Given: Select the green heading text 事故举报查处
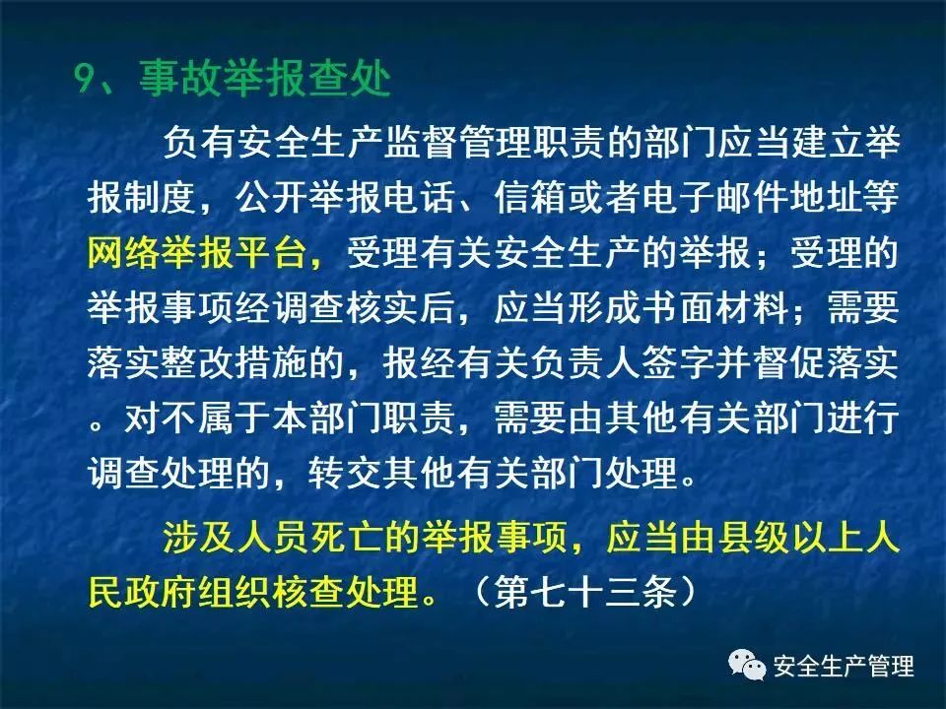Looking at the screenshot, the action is (x=265, y=79).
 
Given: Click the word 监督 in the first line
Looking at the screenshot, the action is (x=421, y=143).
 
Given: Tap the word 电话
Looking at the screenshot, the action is (x=420, y=197).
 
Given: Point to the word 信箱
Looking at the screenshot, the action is (x=530, y=197).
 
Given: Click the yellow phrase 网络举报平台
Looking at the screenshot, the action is (x=197, y=252).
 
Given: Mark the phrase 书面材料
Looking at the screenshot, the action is (x=715, y=307).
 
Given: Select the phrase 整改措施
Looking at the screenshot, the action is (x=236, y=362).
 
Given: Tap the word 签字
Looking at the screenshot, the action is (x=679, y=362).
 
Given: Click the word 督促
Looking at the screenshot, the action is (x=789, y=362).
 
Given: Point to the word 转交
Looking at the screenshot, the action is (x=346, y=472).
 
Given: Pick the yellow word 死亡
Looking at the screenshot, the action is (x=347, y=537).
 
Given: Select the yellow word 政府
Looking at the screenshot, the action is (x=161, y=592).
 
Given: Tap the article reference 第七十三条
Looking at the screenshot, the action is (x=585, y=592).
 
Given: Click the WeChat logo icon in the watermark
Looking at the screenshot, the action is (x=748, y=665).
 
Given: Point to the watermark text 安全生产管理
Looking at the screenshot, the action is (x=844, y=667).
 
